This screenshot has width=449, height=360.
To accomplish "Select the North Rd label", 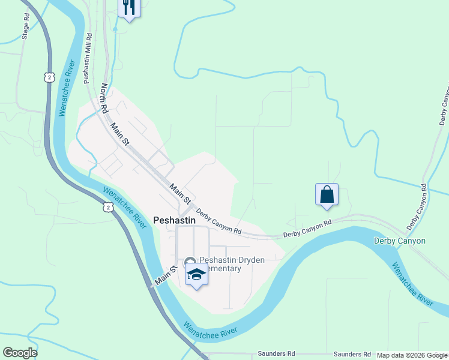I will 104,98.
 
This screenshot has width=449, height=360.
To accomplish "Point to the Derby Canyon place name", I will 399,241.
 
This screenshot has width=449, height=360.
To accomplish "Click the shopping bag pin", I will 327,195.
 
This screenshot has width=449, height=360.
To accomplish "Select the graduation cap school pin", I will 196,275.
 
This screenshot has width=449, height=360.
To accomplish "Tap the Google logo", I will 20,353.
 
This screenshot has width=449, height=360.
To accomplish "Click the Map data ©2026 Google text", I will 411,355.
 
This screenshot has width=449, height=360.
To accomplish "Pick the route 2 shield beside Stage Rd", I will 49,77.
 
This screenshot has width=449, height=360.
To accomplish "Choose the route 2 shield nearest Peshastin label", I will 107,207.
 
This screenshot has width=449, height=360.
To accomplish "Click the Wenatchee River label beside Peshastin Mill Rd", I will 66,88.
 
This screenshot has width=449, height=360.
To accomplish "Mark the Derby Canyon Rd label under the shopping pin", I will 307,228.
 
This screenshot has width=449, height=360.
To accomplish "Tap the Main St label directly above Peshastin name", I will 180,193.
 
